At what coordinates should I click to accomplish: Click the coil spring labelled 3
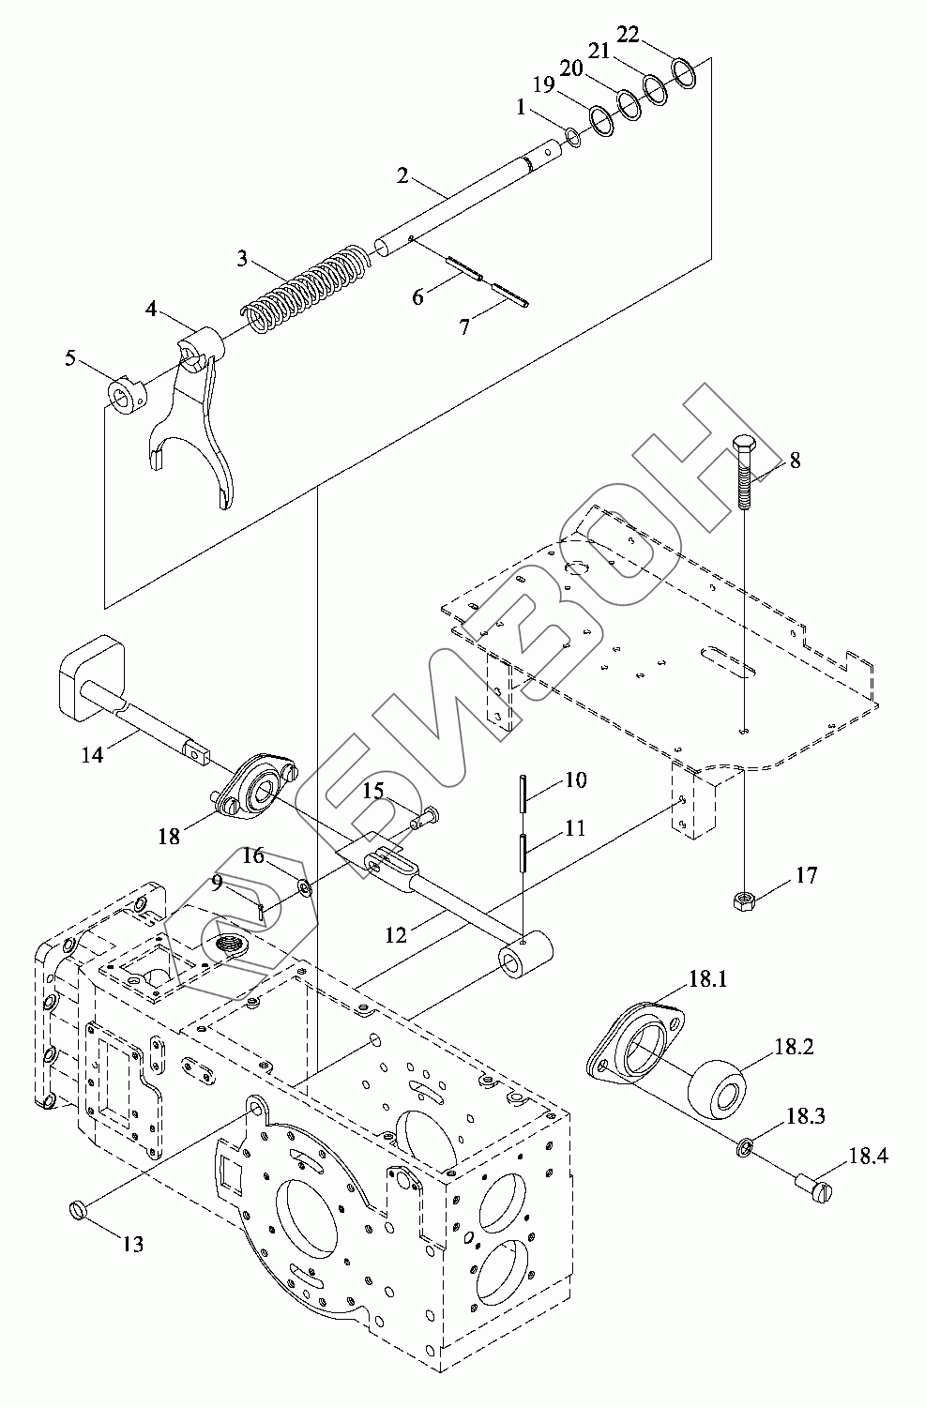point(304,289)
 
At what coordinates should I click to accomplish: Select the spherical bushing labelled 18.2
point(720,1087)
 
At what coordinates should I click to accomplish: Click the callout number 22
point(628,35)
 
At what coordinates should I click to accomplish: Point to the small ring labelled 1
point(573,140)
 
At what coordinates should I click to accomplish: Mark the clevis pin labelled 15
point(426,816)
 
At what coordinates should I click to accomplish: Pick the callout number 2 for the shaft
point(402,174)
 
